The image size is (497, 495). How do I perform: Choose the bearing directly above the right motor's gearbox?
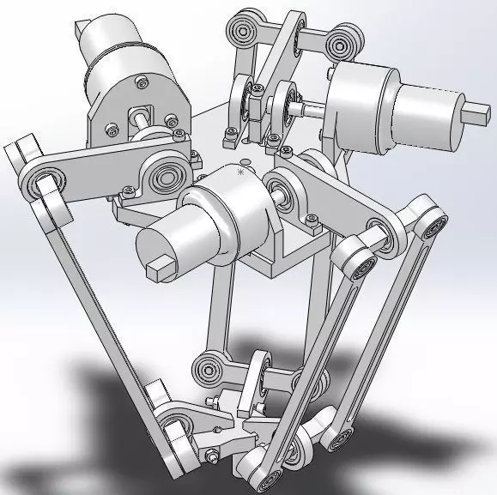click(x=344, y=40)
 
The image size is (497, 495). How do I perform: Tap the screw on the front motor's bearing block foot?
click(x=310, y=225)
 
